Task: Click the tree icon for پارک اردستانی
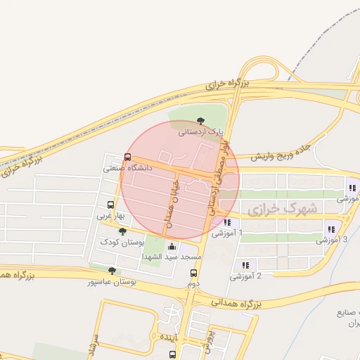pos(202,121)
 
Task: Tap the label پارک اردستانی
pos(201,131)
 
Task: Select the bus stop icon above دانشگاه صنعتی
pos(127,157)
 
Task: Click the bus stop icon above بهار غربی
pos(110,205)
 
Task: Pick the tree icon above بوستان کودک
pos(123,231)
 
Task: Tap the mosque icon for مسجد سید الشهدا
pos(172,246)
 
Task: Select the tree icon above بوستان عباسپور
pos(112,271)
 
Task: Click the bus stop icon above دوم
pos(194,273)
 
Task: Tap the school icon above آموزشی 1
pos(226,221)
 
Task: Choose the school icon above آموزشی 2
pos(245,265)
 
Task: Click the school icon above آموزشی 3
pos(330,229)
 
